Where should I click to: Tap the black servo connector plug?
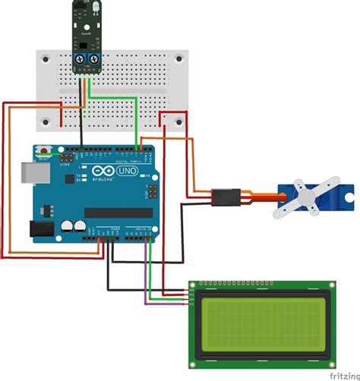(226, 197)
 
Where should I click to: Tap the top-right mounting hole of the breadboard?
(179, 57)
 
